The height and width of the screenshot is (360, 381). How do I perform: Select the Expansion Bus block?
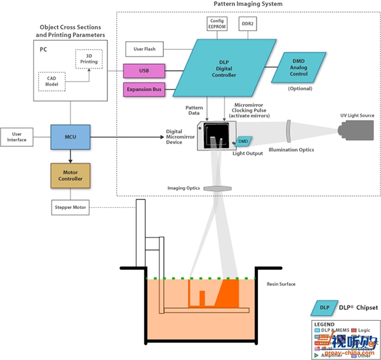(x=144, y=90)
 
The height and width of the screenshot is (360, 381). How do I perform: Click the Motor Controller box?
(x=71, y=175)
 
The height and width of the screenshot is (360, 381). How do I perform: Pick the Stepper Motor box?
(x=71, y=207)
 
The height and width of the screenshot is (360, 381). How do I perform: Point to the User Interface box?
(x=18, y=136)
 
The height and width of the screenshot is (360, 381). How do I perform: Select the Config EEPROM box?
(x=217, y=23)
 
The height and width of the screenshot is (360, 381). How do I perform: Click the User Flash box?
(x=145, y=48)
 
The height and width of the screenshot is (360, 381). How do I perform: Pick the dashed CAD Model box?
(x=52, y=81)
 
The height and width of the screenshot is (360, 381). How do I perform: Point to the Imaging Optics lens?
(x=220, y=188)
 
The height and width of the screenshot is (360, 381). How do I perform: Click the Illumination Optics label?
(x=291, y=150)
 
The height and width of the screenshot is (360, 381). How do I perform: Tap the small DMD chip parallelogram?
(x=243, y=140)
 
